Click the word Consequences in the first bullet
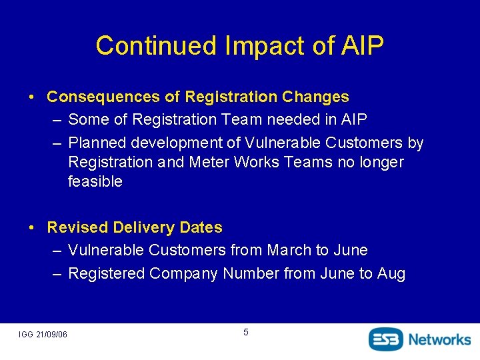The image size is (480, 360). click(104, 97)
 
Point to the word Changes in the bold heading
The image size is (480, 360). click(315, 97)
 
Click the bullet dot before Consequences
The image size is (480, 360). click(32, 97)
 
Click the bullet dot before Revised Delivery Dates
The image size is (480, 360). click(32, 228)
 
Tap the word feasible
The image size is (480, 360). click(95, 181)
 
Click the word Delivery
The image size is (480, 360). click(139, 227)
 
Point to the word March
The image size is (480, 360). click(289, 250)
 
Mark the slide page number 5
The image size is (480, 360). click(245, 332)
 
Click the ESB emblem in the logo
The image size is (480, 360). click(387, 339)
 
